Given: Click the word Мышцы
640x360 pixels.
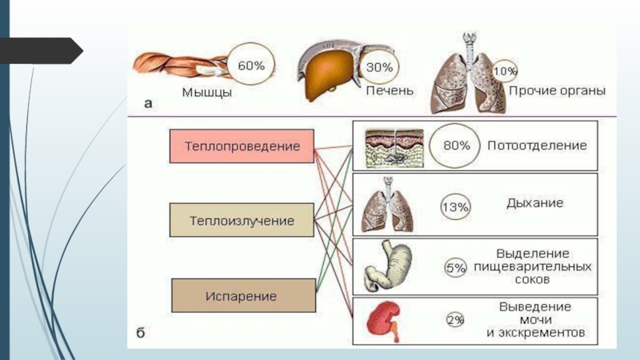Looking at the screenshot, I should [x=206, y=93].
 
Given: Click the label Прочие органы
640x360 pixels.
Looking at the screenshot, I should [x=557, y=91].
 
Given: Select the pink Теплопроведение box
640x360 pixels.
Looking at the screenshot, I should [x=242, y=147].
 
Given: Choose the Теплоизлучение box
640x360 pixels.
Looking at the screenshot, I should [x=242, y=219].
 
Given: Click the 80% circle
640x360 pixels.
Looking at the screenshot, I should [x=456, y=146].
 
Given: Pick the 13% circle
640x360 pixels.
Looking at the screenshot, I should [x=455, y=207].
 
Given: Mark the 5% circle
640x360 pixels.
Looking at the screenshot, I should [x=456, y=268].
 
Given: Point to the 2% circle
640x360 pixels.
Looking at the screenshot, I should [x=455, y=321].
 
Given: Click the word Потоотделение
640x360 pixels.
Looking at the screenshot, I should [x=537, y=146].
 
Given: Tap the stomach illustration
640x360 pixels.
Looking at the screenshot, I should [x=390, y=266].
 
